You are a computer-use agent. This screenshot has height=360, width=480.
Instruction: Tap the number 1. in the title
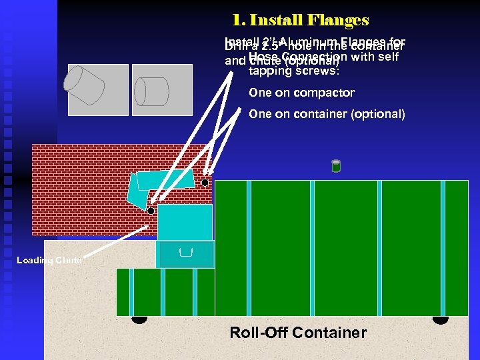point(239,21)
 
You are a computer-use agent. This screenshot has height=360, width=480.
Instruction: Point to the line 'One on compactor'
point(301,93)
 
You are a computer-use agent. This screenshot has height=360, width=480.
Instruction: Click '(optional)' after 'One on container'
point(377,114)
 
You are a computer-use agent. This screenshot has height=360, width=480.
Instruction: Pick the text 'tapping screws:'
point(293,70)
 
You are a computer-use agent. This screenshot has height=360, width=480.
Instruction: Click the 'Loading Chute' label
point(49,260)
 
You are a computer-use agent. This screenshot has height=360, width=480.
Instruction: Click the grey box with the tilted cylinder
point(98,89)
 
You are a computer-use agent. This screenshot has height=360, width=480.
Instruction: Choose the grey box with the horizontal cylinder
point(153,89)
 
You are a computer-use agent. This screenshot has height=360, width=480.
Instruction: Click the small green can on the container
point(336,166)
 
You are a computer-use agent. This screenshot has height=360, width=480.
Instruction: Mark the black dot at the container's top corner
point(205,183)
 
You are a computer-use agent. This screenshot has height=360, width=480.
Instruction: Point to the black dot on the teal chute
point(151,211)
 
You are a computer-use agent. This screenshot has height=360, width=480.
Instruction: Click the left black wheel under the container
point(139,319)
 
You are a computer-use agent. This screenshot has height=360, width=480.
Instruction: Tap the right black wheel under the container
point(440,319)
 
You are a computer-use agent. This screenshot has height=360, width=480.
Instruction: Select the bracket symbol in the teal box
point(186,252)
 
